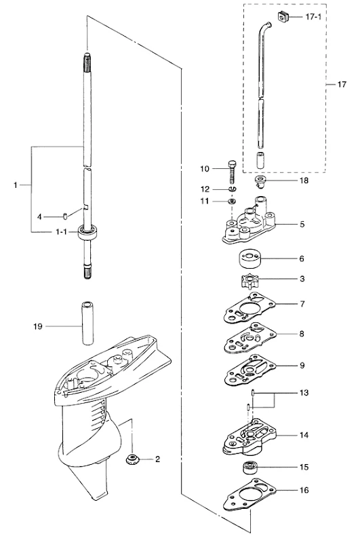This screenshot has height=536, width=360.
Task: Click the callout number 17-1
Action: coord(313,17)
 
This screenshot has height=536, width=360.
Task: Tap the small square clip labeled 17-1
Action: coord(283,16)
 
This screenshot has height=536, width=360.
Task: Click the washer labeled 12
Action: coord(233,189)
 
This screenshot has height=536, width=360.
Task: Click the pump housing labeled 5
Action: coord(249,222)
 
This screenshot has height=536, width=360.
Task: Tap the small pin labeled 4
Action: coord(65,216)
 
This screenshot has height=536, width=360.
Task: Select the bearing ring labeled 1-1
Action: coord(87,233)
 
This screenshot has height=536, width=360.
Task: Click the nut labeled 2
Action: coord(132,459)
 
